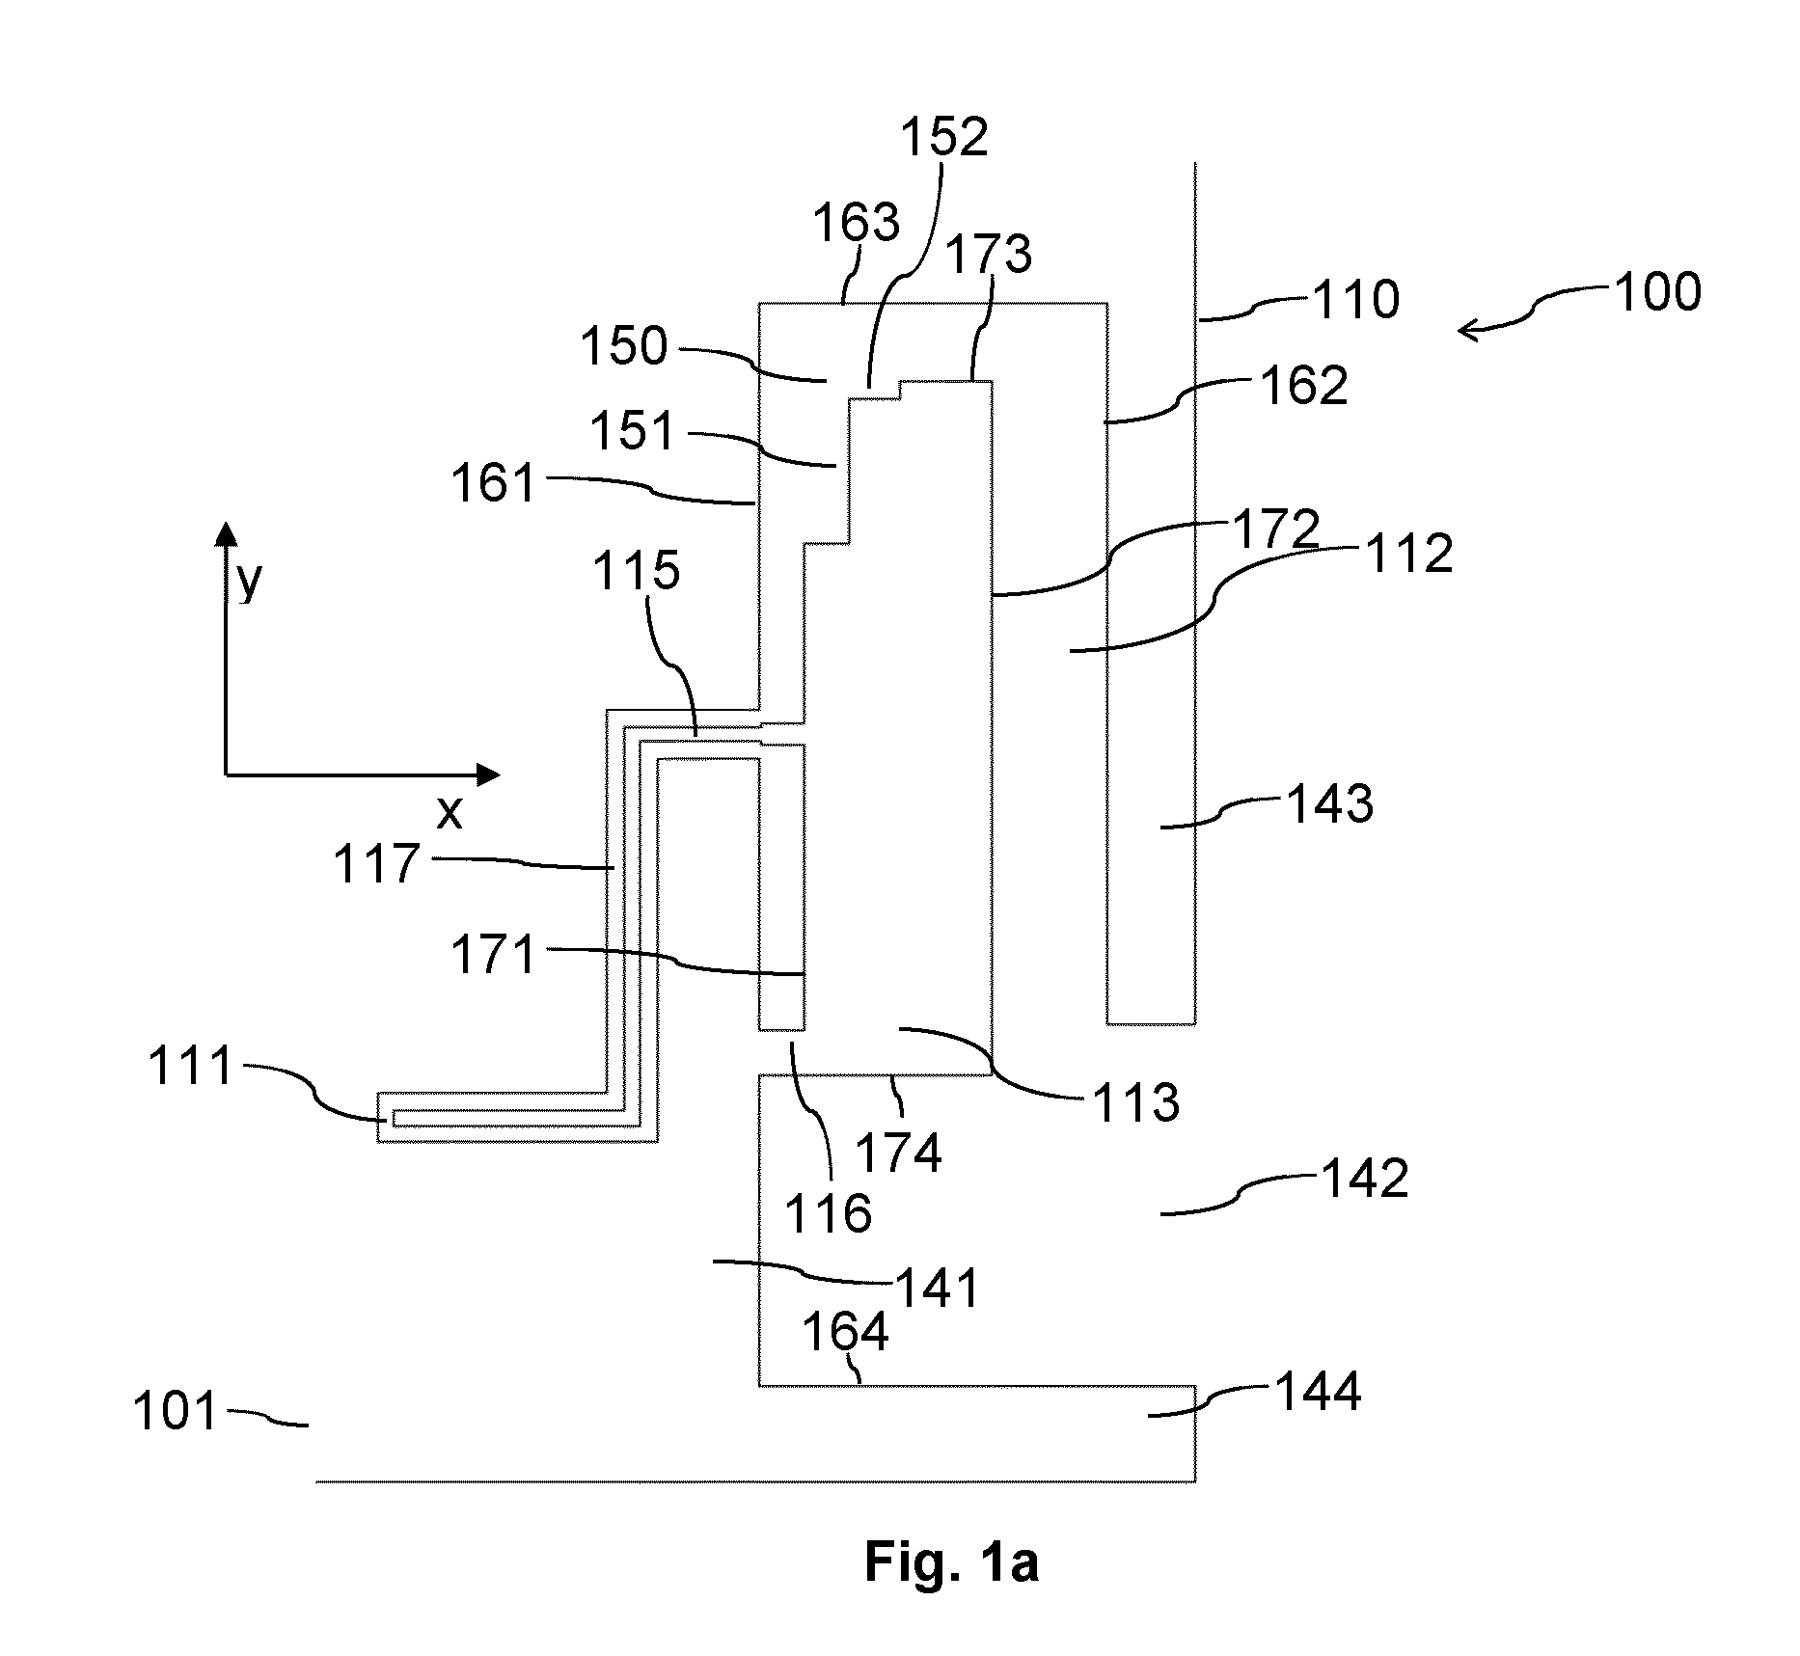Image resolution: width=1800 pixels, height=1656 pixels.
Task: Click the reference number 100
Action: point(1657,292)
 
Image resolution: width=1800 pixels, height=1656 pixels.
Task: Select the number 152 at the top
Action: point(944,137)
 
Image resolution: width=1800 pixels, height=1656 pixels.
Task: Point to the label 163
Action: point(857,223)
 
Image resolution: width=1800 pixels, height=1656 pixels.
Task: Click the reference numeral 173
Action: point(989,255)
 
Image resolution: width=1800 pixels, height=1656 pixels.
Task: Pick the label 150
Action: point(624,346)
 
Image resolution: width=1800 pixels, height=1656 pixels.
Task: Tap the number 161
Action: point(494,482)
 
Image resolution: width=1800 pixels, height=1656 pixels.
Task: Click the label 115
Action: point(637,571)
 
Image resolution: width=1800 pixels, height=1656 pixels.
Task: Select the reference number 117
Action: point(377,864)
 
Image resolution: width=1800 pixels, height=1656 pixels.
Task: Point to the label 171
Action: point(494,956)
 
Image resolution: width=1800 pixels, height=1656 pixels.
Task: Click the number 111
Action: point(191,1068)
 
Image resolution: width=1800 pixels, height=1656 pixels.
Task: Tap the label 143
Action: point(1330,803)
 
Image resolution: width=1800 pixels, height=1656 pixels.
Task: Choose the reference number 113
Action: point(1136,1101)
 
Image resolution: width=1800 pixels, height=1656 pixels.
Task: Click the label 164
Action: point(846,1332)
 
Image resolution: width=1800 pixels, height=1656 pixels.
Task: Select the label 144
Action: point(1319,1392)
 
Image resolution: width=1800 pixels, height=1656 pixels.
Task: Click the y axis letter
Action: point(249,582)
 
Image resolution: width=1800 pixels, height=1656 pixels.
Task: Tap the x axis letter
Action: point(450,813)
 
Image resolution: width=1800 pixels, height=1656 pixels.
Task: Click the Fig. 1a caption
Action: point(951,1561)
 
